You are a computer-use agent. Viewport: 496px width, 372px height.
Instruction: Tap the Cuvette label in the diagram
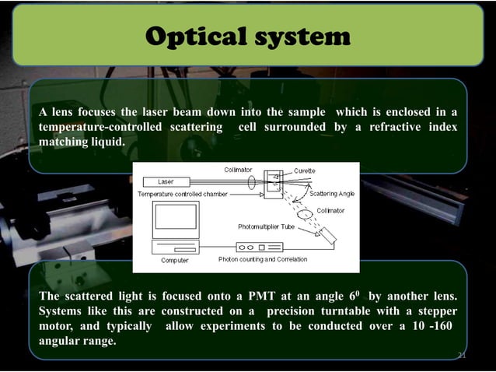pos(305,170)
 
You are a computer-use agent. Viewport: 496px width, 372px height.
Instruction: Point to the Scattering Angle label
pos(332,193)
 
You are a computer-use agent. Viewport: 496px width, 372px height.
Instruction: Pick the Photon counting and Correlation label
pos(263,259)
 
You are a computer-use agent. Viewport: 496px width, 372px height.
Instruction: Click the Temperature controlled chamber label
pos(182,193)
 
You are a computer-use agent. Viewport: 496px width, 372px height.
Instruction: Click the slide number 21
pos(461,355)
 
